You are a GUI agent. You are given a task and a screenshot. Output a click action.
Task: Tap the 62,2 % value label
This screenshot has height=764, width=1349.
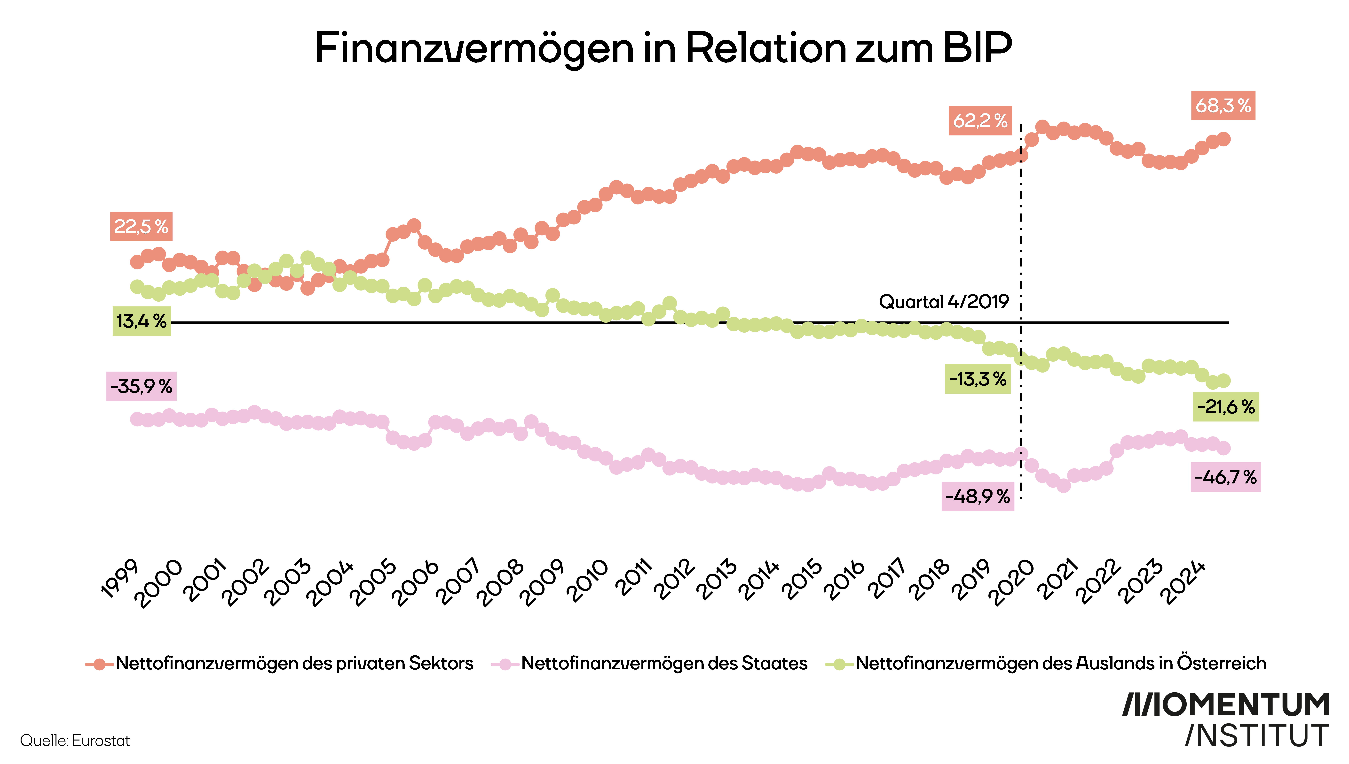point(980,121)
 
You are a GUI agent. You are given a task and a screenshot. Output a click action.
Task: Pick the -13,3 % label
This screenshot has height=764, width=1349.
point(977,379)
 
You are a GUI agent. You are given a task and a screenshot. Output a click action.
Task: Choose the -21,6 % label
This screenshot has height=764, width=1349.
point(1226,407)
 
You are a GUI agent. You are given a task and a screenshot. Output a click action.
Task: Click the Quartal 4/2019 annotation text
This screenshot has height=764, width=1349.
point(944,302)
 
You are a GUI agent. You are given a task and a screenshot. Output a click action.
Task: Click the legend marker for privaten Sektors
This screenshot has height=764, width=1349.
point(99,664)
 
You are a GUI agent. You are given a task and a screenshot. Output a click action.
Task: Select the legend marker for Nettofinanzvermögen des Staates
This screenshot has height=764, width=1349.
point(505,664)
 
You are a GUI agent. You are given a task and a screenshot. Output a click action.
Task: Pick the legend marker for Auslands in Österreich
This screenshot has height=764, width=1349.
point(839,664)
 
